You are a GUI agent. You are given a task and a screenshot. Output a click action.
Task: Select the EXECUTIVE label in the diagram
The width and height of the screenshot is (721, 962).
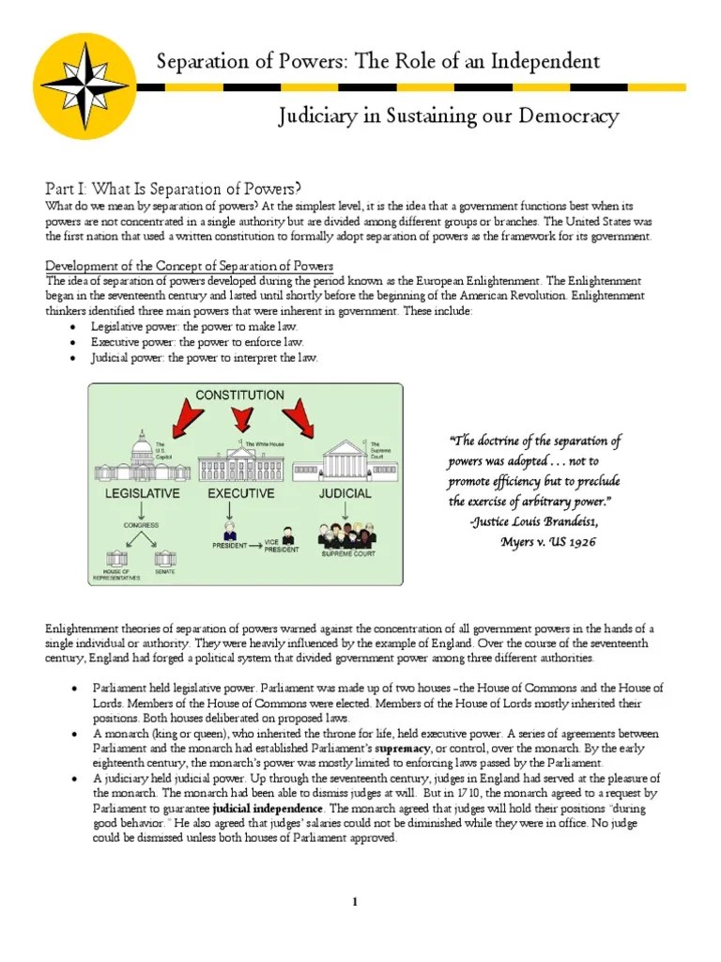[241, 492]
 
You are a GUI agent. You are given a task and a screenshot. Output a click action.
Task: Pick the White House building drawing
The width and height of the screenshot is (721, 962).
[242, 461]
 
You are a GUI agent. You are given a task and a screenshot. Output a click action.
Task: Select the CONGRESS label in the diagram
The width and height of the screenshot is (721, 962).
[140, 525]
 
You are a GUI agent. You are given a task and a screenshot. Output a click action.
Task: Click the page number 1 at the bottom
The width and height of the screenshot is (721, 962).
[356, 903]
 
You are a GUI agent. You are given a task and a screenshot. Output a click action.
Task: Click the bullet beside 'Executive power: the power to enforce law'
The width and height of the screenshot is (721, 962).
[75, 341]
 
